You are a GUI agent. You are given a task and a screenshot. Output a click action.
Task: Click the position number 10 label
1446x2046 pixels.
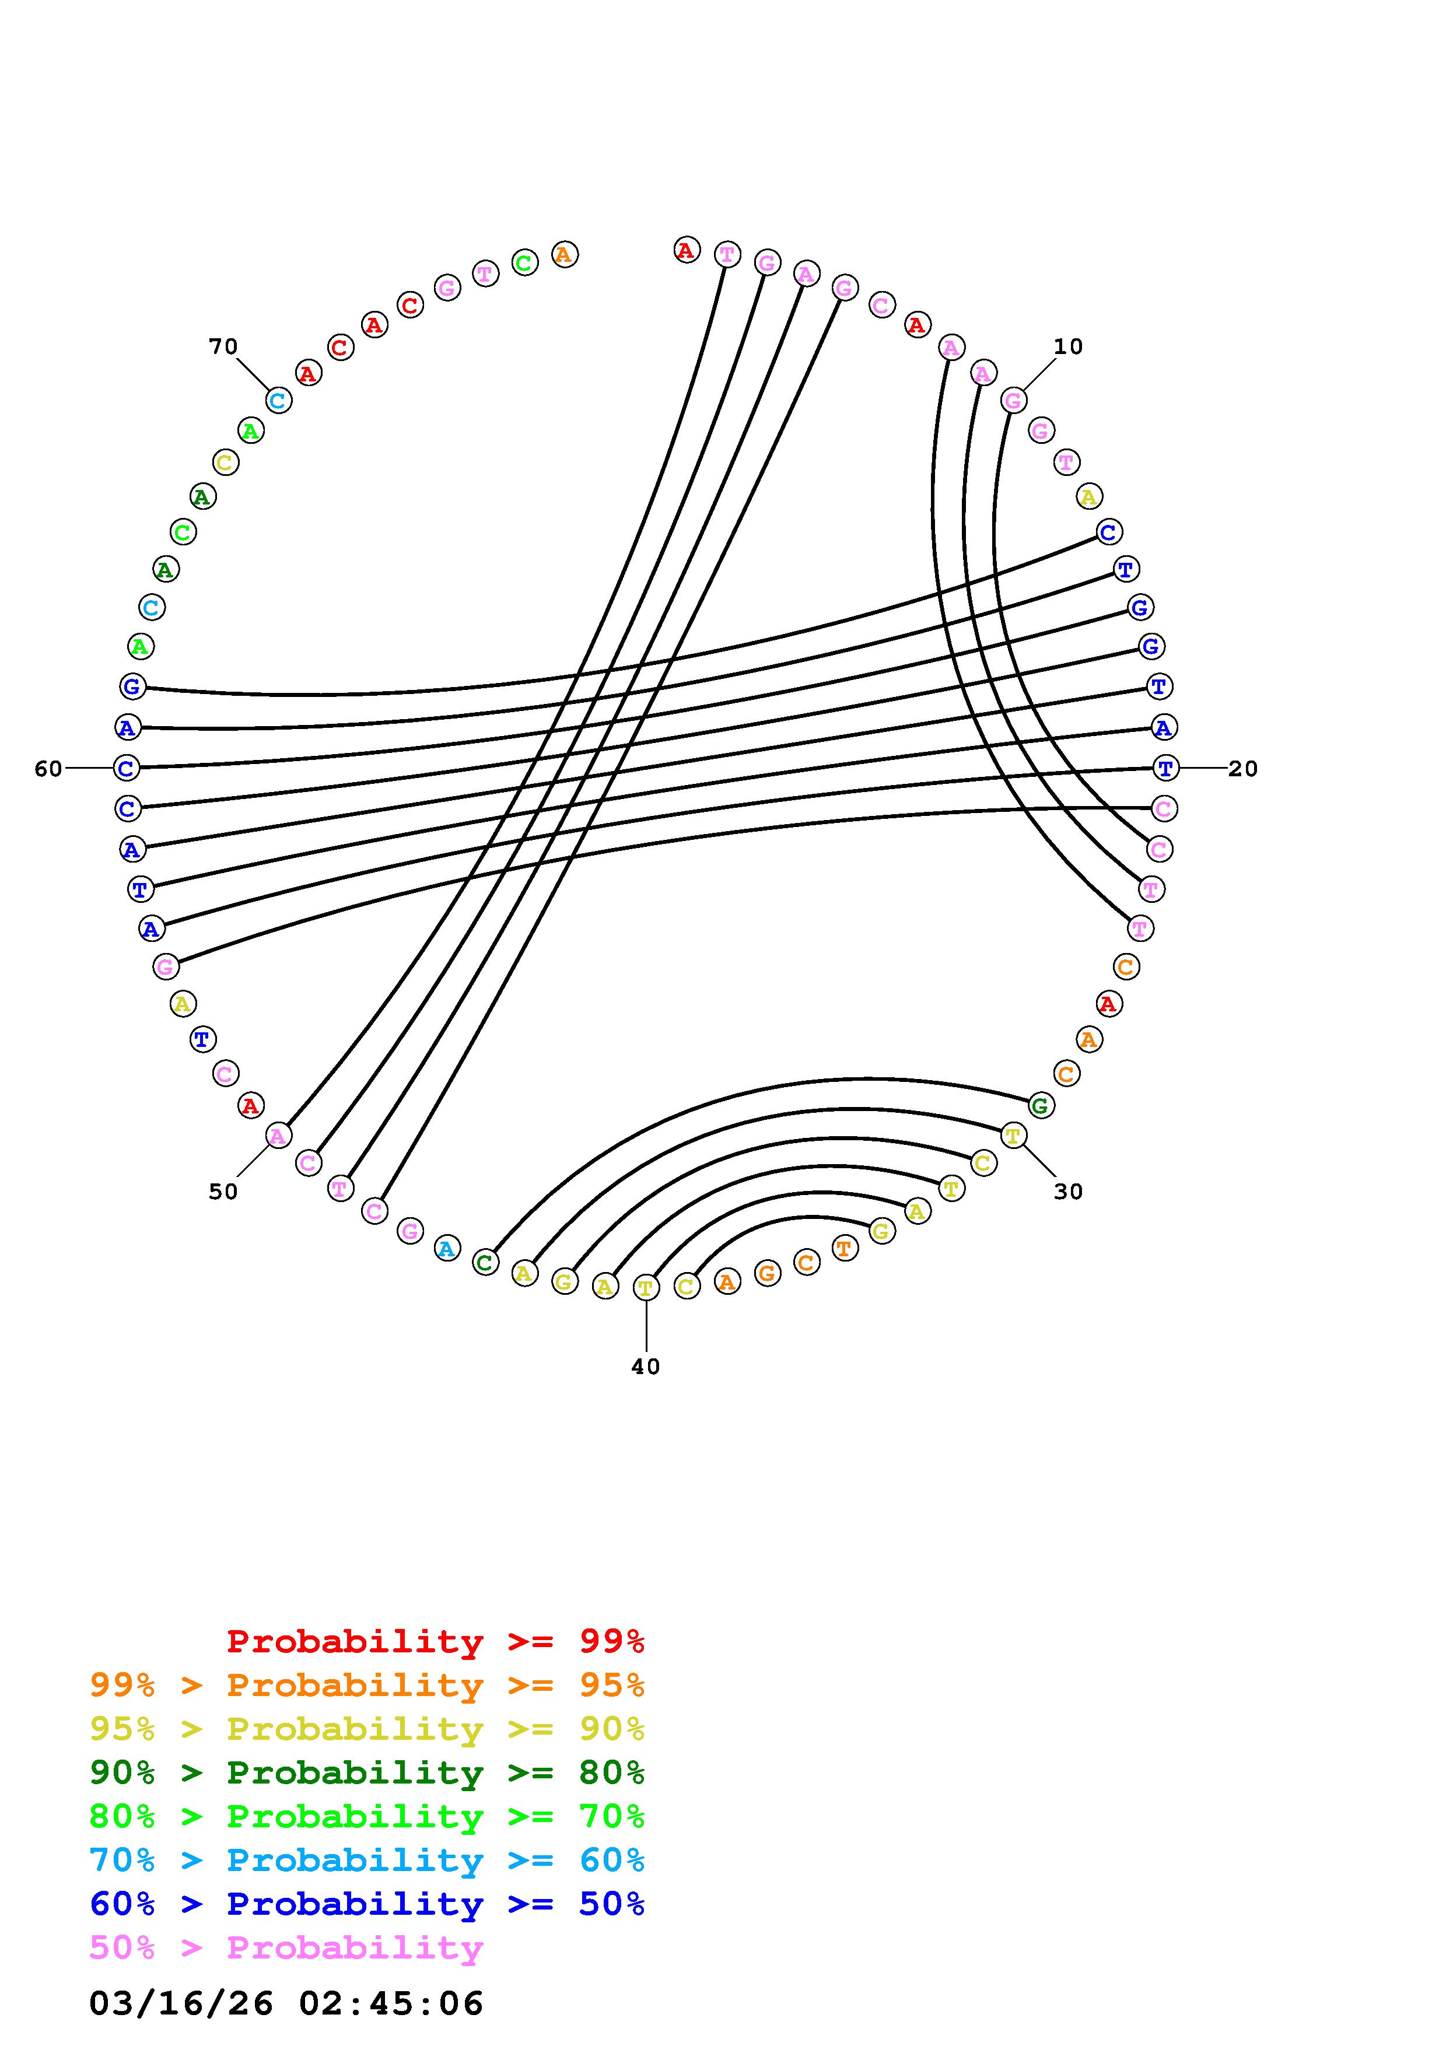tap(1067, 346)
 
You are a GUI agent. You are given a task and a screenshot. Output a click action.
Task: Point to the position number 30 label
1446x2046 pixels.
tap(1067, 1192)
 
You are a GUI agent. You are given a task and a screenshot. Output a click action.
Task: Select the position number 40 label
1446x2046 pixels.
tap(645, 1366)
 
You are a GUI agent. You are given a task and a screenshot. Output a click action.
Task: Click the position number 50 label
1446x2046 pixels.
tap(223, 1192)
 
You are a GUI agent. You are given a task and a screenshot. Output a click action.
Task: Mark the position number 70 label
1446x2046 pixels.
tap(223, 346)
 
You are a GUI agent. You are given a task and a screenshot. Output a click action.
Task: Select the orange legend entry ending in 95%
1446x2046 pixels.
tap(366, 1684)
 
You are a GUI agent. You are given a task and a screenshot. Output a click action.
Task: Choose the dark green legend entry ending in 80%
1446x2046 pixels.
tap(366, 1772)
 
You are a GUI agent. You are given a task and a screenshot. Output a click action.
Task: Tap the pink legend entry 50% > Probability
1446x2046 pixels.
tap(286, 1947)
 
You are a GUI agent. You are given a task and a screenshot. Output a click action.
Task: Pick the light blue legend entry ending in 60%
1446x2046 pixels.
tap(366, 1860)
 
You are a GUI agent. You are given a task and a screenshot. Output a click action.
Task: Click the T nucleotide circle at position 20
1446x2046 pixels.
tap(1165, 768)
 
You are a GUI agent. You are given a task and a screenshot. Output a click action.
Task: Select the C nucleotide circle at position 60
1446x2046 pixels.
tap(127, 768)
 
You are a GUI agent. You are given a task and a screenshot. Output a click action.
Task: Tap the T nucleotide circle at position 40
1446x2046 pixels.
tap(646, 1288)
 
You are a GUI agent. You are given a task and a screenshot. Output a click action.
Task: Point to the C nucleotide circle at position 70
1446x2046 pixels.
tap(279, 401)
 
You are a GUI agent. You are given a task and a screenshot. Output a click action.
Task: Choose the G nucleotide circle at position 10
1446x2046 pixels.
tap(1013, 401)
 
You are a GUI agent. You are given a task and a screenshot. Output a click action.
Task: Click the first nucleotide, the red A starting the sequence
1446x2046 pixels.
tap(686, 250)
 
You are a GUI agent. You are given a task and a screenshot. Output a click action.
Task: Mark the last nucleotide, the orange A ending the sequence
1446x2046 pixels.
tap(564, 255)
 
